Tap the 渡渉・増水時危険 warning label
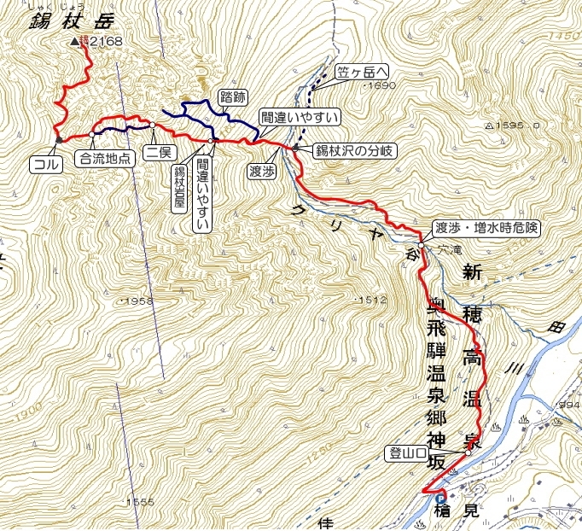486,228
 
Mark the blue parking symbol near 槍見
440,500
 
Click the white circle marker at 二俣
152,125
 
